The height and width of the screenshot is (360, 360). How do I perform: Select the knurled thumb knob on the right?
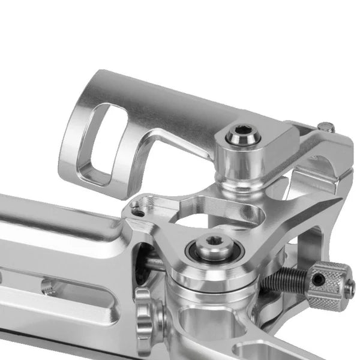point(328,285)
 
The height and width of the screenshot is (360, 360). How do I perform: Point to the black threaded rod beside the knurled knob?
point(287,280)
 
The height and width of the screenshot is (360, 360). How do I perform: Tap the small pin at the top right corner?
point(326,127)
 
